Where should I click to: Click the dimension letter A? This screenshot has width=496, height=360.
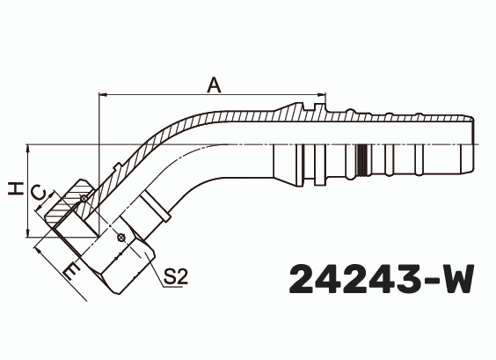pos(212,84)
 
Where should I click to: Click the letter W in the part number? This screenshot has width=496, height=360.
pos(455,280)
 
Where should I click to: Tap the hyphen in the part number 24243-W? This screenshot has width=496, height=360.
pos(423,282)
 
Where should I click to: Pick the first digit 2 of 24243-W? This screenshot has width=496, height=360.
pos(304,280)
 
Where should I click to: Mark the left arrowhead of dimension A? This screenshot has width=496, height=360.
pos(103,94)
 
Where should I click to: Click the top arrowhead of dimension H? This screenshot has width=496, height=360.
pos(30,148)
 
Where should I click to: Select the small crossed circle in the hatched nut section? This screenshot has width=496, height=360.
pos(84,200)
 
